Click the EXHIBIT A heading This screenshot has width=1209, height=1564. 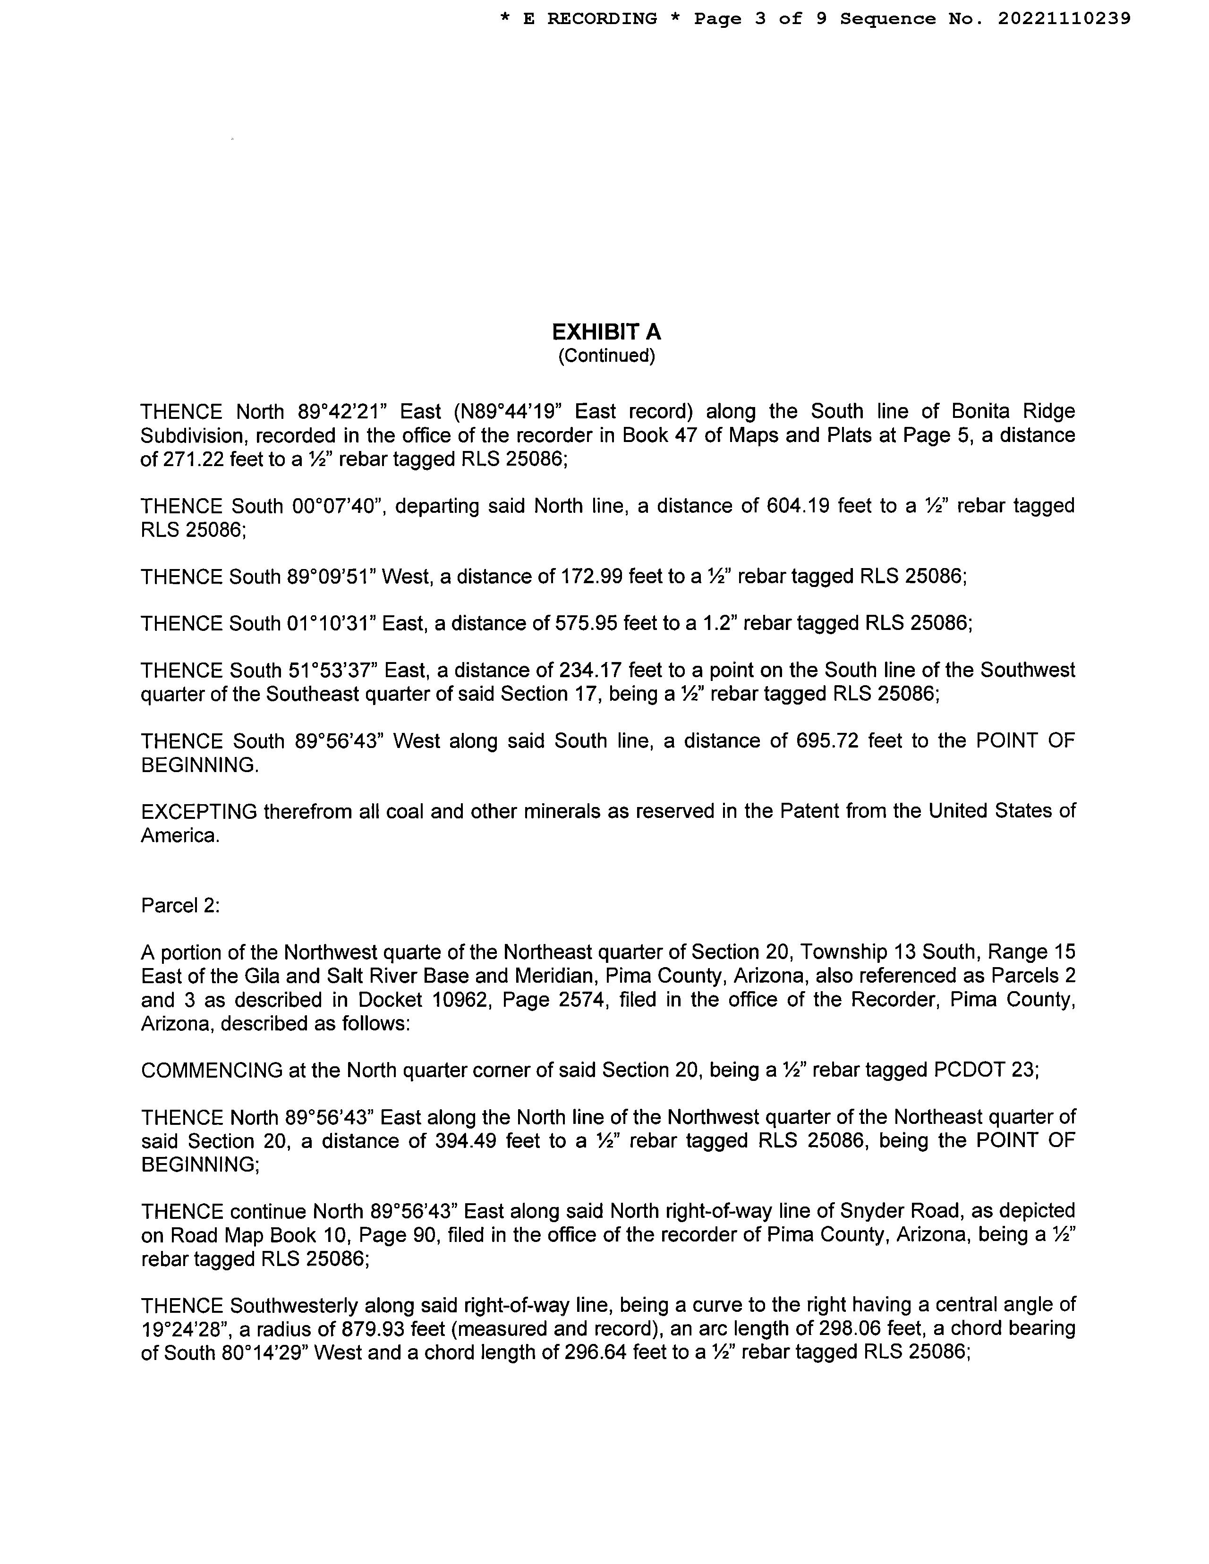[x=606, y=332]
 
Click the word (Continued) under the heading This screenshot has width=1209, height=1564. [x=606, y=356]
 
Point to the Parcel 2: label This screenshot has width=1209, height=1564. [x=180, y=906]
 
